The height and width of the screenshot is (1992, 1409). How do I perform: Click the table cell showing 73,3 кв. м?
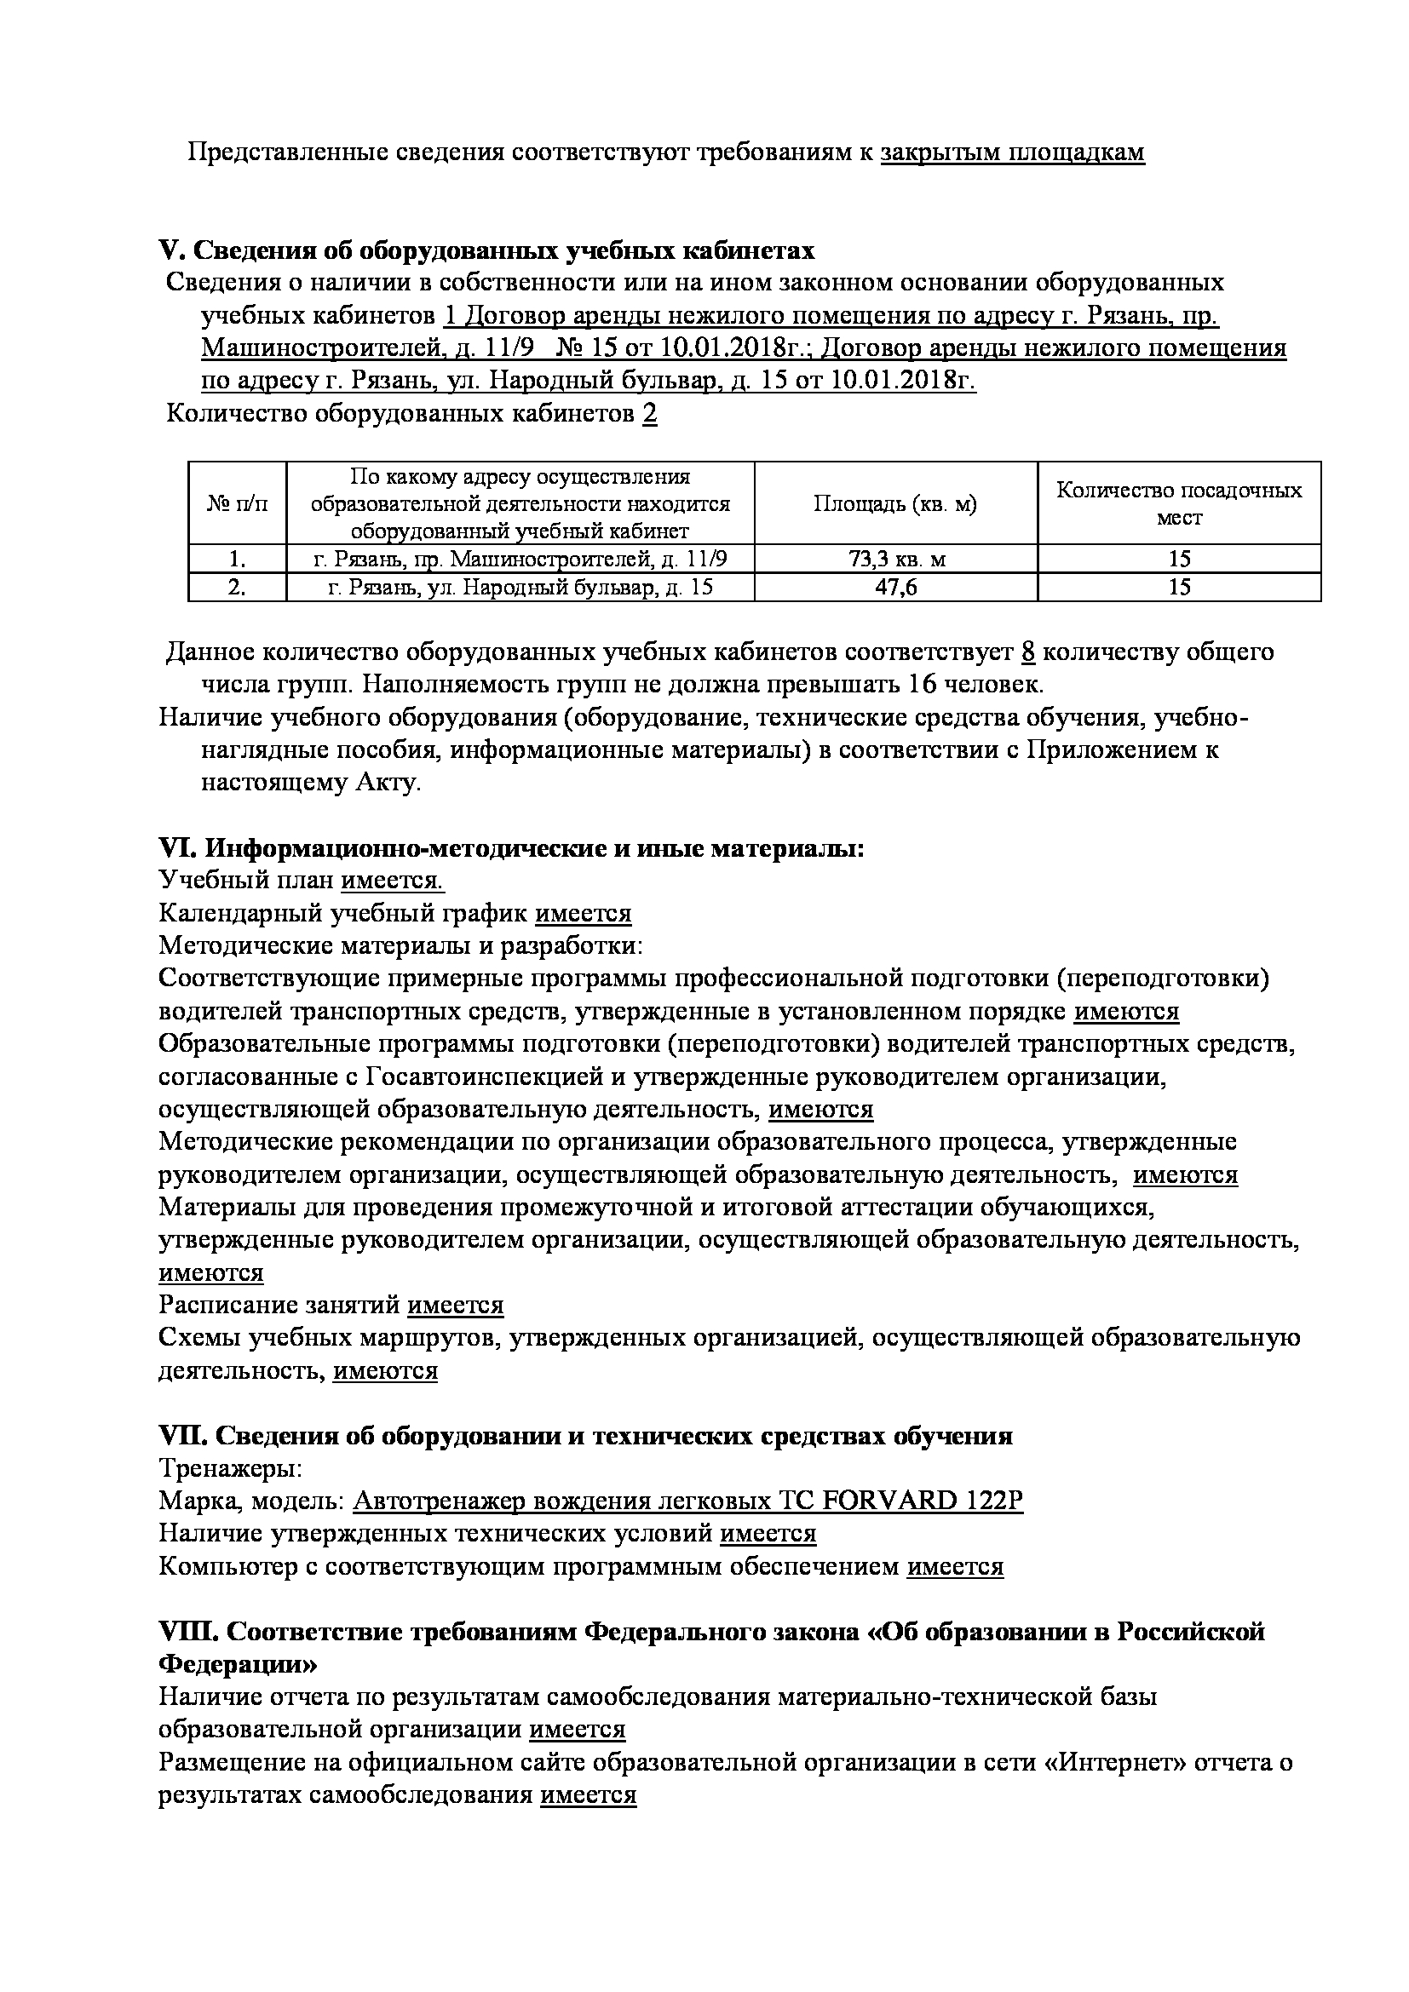(895, 559)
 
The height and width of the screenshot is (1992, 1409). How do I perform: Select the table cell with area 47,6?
(895, 588)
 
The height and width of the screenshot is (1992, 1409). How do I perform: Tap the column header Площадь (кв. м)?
(895, 503)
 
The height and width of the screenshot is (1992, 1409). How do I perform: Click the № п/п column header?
(237, 503)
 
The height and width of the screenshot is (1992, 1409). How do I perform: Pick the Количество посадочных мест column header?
(1178, 503)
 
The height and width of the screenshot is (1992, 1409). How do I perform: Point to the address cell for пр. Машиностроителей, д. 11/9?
(520, 559)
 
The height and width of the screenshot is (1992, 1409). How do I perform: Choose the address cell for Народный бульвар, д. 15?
(520, 588)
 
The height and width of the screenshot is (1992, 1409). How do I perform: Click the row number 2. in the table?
(237, 588)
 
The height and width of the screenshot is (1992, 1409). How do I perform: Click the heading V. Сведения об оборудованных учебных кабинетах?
(486, 250)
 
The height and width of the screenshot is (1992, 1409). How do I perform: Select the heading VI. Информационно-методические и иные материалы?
(512, 847)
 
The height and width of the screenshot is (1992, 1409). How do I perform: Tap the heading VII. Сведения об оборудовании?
(585, 1436)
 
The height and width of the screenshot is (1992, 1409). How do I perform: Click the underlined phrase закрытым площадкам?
(1013, 152)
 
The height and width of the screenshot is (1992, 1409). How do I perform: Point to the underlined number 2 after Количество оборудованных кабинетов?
(650, 414)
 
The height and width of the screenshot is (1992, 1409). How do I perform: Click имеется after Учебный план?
(392, 881)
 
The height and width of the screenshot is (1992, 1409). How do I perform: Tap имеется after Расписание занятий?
(456, 1305)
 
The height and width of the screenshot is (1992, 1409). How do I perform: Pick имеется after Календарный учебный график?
(583, 914)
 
